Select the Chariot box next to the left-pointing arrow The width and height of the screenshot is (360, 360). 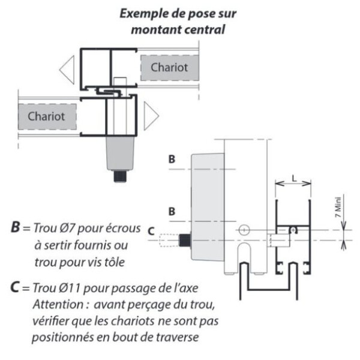(169, 68)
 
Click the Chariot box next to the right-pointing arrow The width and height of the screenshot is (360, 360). (46, 113)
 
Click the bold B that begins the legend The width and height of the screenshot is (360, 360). (16, 228)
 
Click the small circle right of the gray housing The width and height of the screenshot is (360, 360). (244, 229)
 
